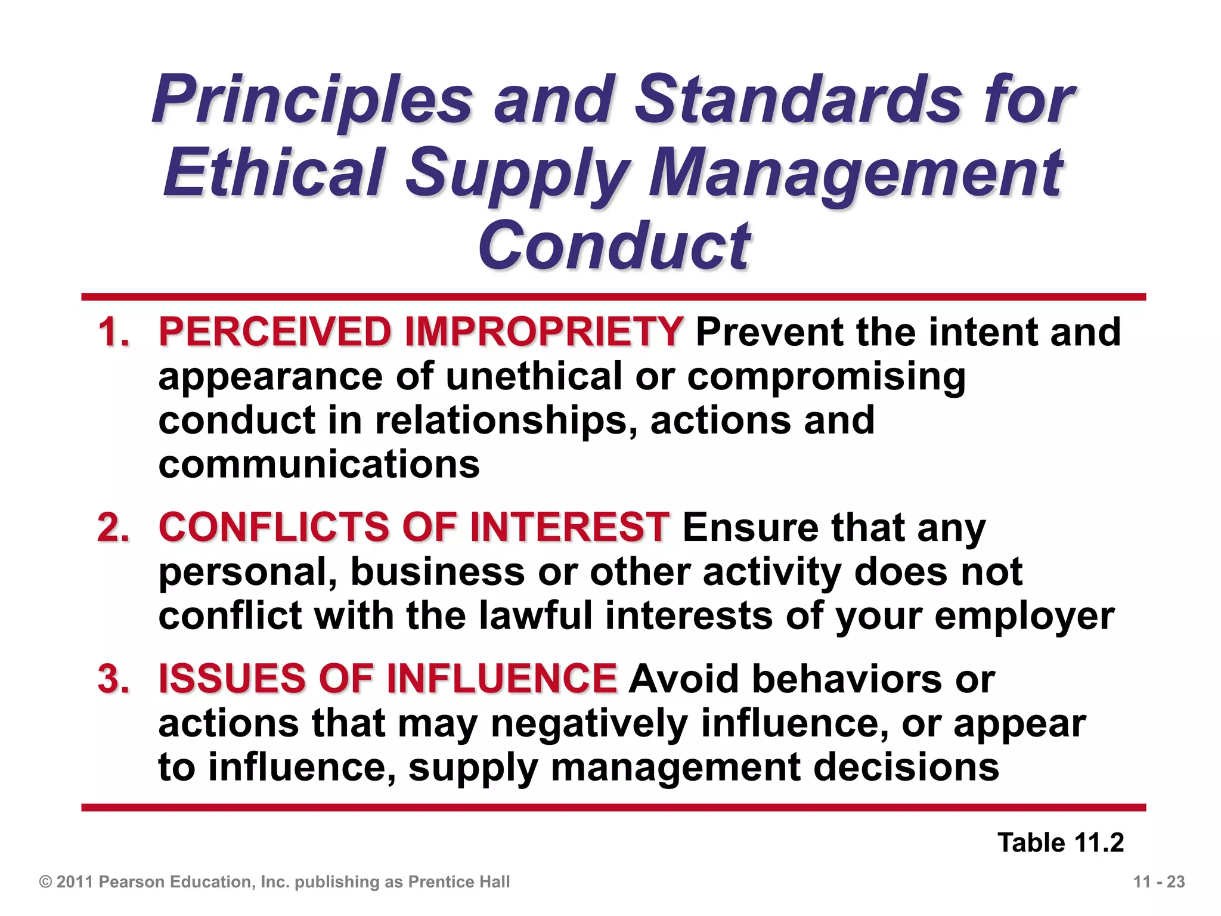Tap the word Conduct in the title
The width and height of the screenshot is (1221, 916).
tap(613, 245)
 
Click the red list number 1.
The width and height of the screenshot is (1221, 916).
tap(113, 332)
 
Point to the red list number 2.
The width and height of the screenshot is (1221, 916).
tap(113, 528)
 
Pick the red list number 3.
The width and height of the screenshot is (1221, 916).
tap(113, 679)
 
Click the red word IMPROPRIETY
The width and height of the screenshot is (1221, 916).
tap(544, 332)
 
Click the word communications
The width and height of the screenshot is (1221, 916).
tap(319, 465)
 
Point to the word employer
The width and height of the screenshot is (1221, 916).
tap(1024, 617)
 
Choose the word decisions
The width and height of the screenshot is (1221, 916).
tap(906, 768)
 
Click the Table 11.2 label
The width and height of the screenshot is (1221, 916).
tap(1061, 843)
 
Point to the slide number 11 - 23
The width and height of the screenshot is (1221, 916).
tap(1159, 882)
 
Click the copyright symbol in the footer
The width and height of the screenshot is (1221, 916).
tap(45, 882)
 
